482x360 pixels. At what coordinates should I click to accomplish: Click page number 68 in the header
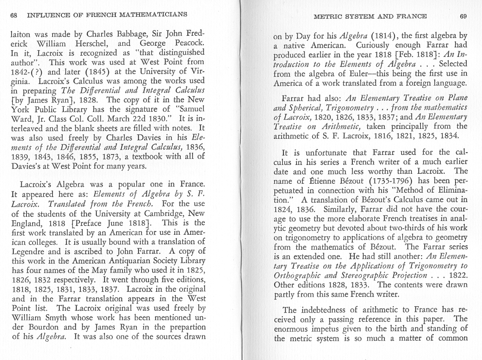14,15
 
